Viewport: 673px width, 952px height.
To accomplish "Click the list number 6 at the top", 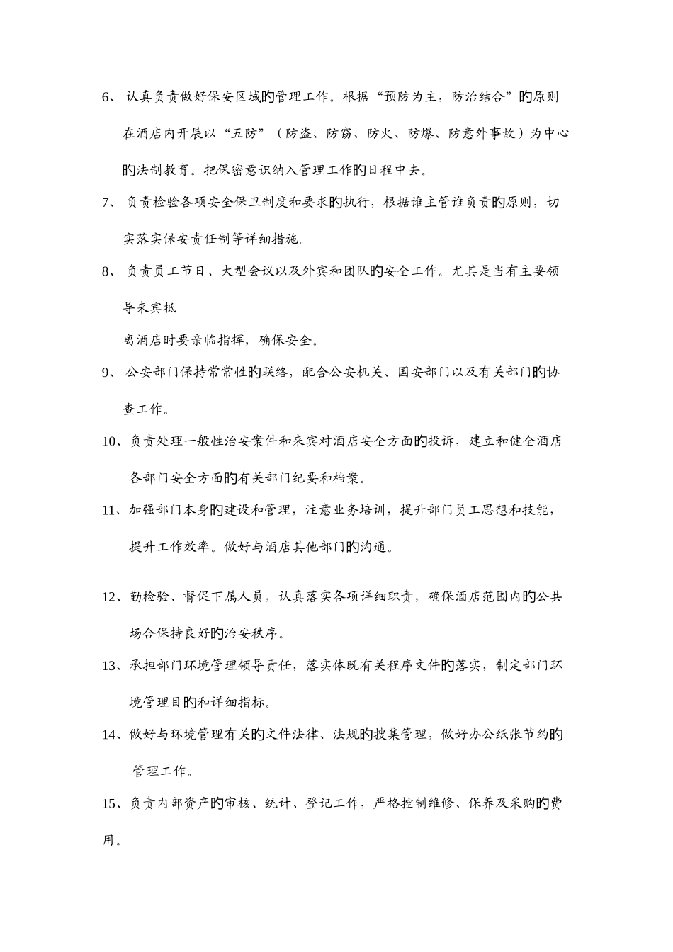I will tap(108, 98).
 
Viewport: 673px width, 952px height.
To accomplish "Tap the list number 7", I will tap(108, 203).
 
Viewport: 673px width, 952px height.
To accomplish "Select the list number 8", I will tap(108, 271).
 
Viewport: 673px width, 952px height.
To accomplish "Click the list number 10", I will tap(111, 442).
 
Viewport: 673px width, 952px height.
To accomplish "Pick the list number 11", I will tap(111, 511).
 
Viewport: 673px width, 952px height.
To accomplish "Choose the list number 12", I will tap(111, 597).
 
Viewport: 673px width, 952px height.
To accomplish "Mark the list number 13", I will tap(111, 666).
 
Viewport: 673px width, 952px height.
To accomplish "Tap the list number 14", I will tap(111, 735).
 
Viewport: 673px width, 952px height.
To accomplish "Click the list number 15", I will tap(111, 803).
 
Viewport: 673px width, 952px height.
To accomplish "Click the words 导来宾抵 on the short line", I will tap(150, 307).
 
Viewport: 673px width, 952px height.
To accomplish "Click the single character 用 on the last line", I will tap(109, 840).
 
